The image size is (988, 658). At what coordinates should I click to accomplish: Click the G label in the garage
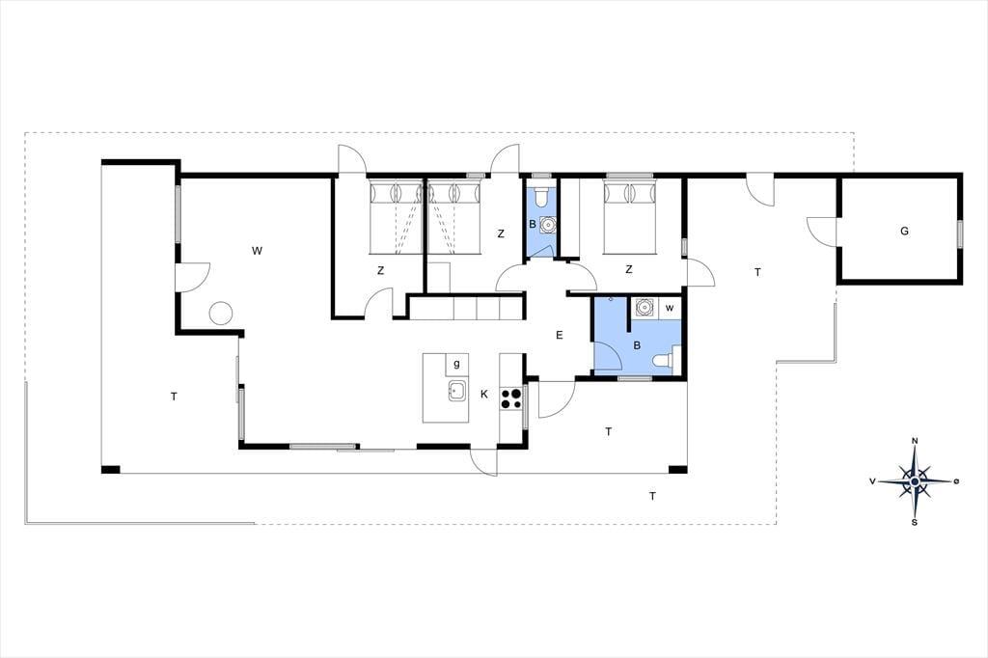[904, 232]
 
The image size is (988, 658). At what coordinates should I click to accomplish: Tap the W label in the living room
[257, 251]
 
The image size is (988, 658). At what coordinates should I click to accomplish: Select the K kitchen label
[484, 395]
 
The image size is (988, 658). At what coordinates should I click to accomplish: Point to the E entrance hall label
[559, 336]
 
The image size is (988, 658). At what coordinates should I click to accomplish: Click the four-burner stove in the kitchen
[511, 398]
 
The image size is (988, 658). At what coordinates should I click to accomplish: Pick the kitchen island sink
[456, 392]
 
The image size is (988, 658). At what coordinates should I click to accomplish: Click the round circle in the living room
[221, 314]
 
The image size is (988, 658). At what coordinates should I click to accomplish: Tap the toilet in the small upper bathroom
[540, 197]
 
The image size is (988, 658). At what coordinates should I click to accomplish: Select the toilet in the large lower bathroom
[666, 361]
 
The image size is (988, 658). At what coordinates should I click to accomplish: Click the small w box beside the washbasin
[670, 308]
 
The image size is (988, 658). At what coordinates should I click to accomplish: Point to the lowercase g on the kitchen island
[456, 365]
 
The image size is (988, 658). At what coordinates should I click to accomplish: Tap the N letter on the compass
[915, 441]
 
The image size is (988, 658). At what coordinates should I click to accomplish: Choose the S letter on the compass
[915, 523]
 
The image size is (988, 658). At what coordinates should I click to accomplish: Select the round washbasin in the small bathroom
[549, 224]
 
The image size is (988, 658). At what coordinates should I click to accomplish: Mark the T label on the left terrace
[174, 397]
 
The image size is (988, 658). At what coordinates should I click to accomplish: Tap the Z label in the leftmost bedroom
[380, 271]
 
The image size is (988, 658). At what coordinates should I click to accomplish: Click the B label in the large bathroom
[637, 346]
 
